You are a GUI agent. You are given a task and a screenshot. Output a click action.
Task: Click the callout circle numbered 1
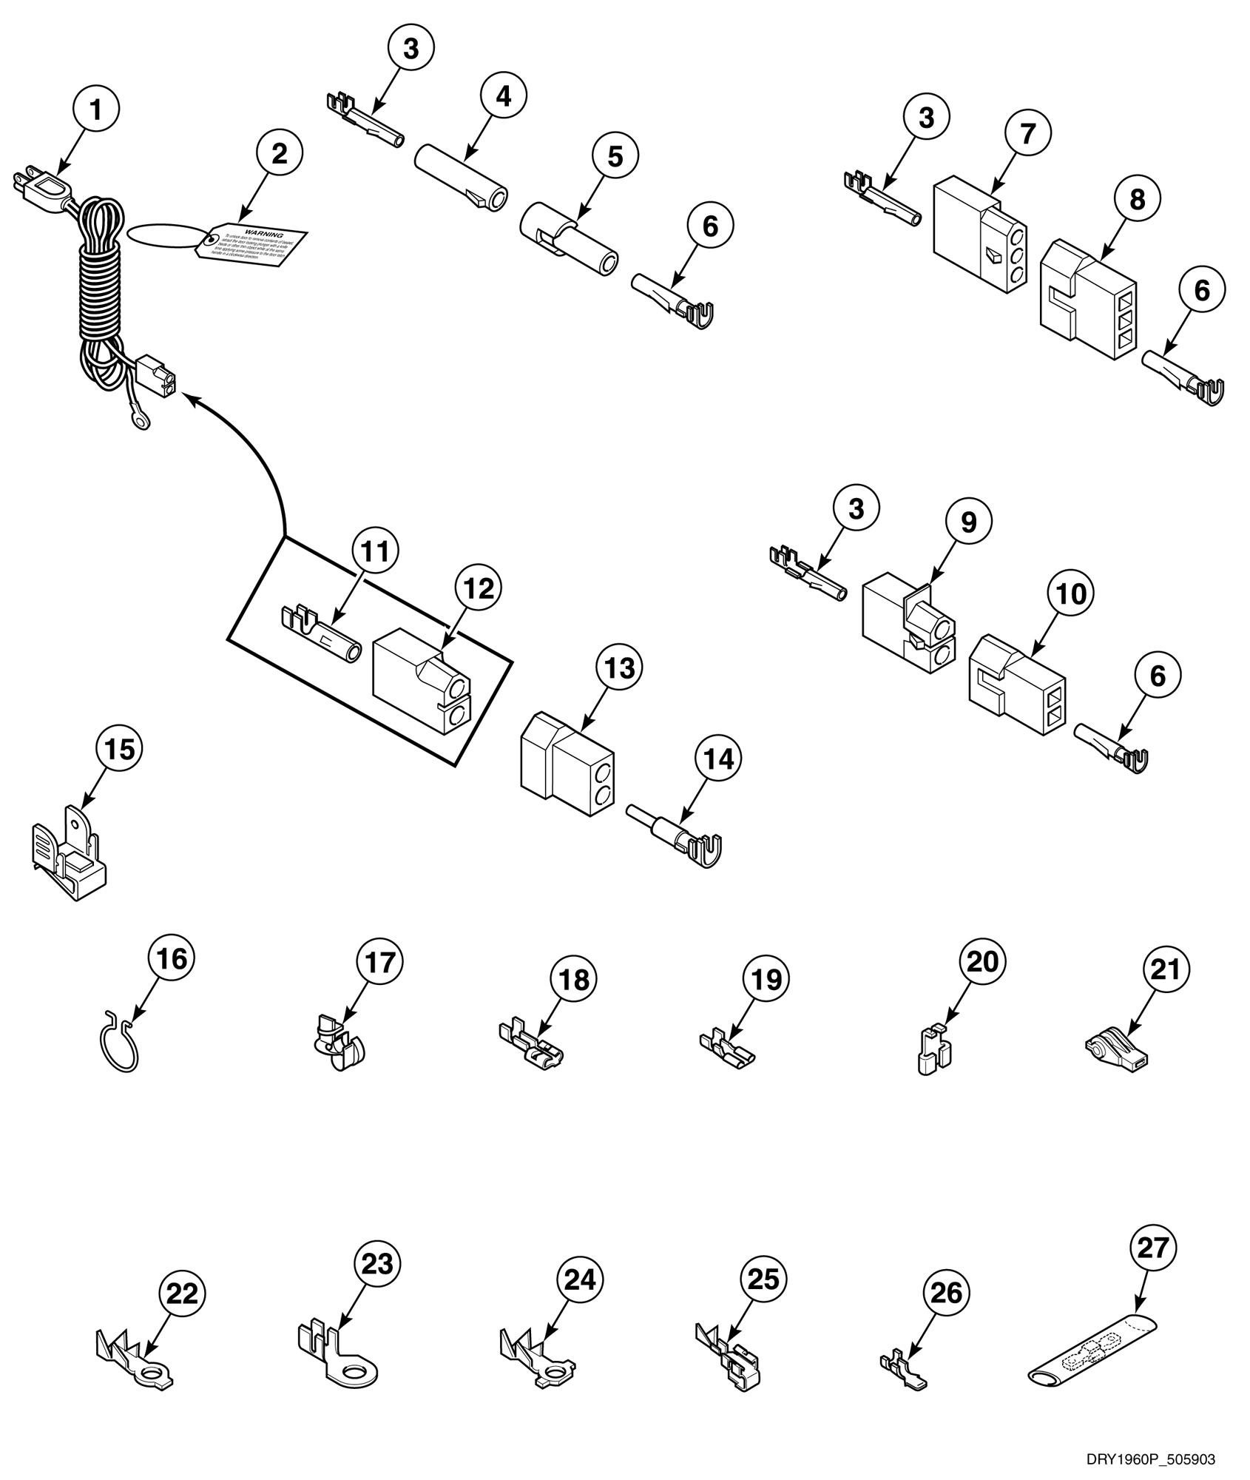click(x=95, y=110)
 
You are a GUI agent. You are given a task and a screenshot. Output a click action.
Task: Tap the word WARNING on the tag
click(x=263, y=235)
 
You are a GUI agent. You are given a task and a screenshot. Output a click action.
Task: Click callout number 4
click(x=503, y=96)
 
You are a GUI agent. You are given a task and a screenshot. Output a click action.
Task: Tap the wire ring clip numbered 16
click(x=118, y=1042)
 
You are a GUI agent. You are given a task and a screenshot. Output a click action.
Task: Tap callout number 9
click(x=968, y=522)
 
